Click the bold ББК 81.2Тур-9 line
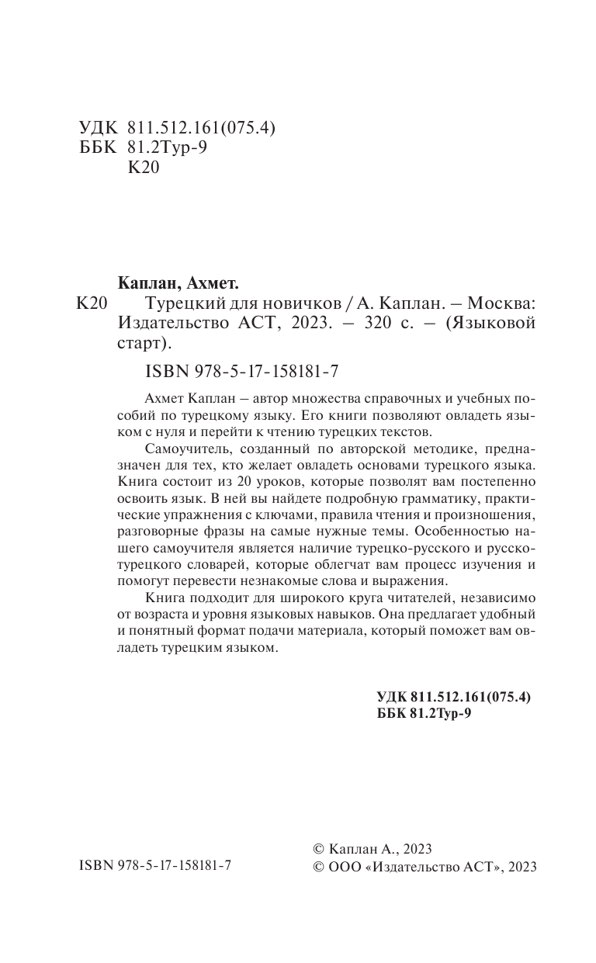[x=424, y=714]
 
